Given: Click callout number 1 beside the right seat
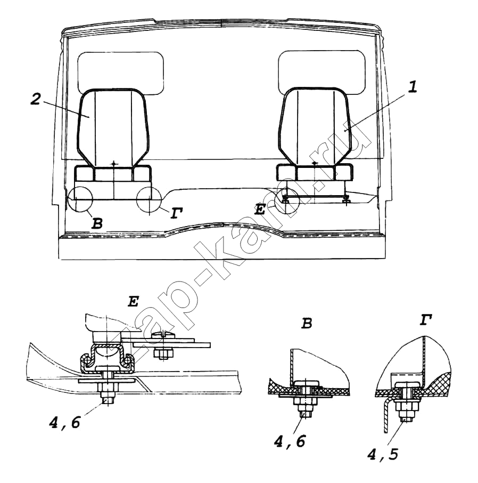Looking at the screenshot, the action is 413,87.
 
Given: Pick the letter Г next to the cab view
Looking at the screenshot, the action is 176,213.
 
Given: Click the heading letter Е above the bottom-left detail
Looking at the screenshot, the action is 133,301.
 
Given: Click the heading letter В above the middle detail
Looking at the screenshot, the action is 307,323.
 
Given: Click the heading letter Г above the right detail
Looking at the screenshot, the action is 425,320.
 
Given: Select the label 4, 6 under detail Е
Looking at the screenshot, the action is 64,422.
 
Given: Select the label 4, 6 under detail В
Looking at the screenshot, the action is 289,442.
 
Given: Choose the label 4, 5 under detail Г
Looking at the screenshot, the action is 382,454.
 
